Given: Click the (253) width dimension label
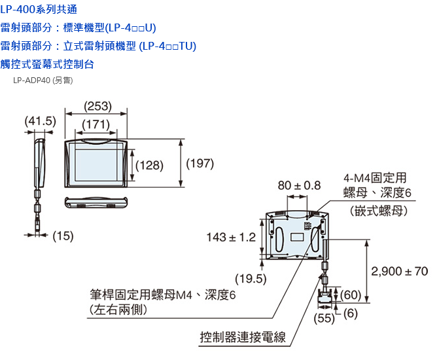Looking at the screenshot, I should click(98, 107).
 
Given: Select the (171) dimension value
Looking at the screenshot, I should click(96, 124).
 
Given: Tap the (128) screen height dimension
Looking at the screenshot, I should click(149, 166).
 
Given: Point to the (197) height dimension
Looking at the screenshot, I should click(200, 164).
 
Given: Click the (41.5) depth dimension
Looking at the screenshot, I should click(40, 122).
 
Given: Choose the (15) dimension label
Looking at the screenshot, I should click(62, 236).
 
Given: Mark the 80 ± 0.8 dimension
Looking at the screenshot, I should click(299, 186).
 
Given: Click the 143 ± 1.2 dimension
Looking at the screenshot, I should click(231, 237).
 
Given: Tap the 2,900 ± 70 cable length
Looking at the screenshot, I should click(399, 271).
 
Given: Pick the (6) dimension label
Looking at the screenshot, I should click(350, 314).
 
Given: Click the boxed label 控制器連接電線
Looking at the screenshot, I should click(243, 338).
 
